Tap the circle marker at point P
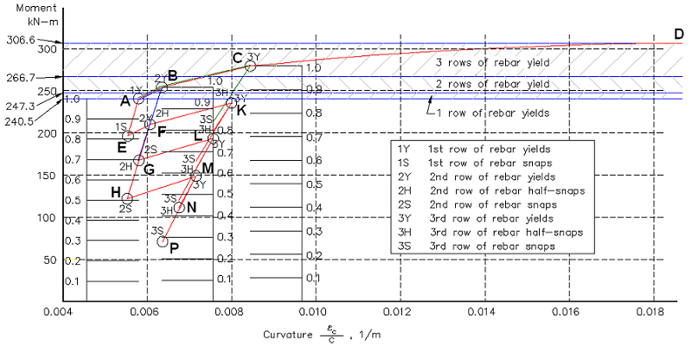[163, 241]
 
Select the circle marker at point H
[127, 199]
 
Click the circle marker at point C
[250, 66]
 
